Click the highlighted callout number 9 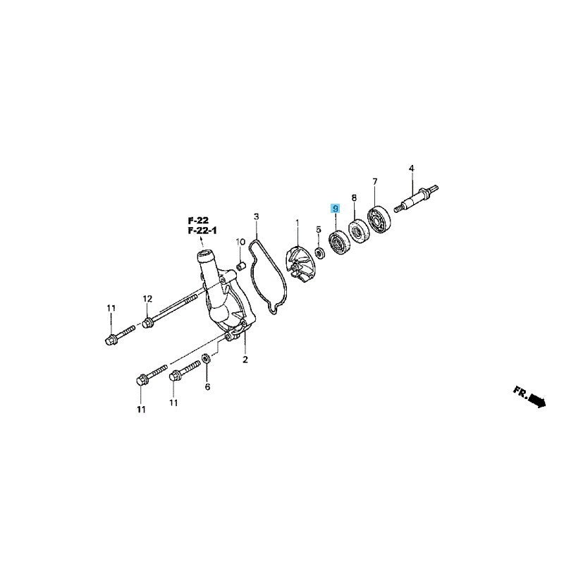click(336, 208)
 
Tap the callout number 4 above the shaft click(412, 168)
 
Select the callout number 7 click(375, 182)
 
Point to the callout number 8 click(355, 197)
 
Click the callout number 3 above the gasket click(256, 216)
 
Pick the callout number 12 click(147, 298)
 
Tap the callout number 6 click(207, 386)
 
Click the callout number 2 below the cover click(245, 360)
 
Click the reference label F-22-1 click(202, 231)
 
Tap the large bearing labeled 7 click(379, 219)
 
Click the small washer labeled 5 click(319, 253)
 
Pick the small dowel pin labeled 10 click(240, 267)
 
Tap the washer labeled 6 click(207, 358)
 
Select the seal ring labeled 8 click(358, 231)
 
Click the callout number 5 click(319, 229)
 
